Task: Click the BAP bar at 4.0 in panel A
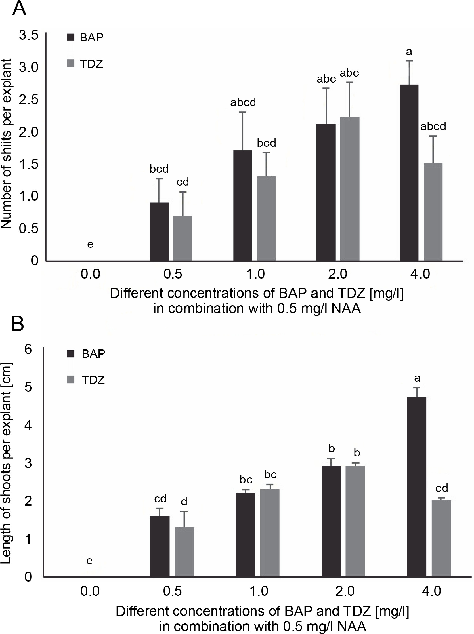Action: [409, 173]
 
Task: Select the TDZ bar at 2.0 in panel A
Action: [349, 189]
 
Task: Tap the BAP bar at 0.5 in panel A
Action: [159, 232]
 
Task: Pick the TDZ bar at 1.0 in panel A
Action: [266, 218]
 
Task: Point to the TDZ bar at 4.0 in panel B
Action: [441, 538]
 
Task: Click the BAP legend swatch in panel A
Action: [70, 37]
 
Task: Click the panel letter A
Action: [19, 9]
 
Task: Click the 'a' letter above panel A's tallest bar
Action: [409, 52]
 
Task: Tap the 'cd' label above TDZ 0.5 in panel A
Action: [183, 182]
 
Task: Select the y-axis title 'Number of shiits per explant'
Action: [6, 144]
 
